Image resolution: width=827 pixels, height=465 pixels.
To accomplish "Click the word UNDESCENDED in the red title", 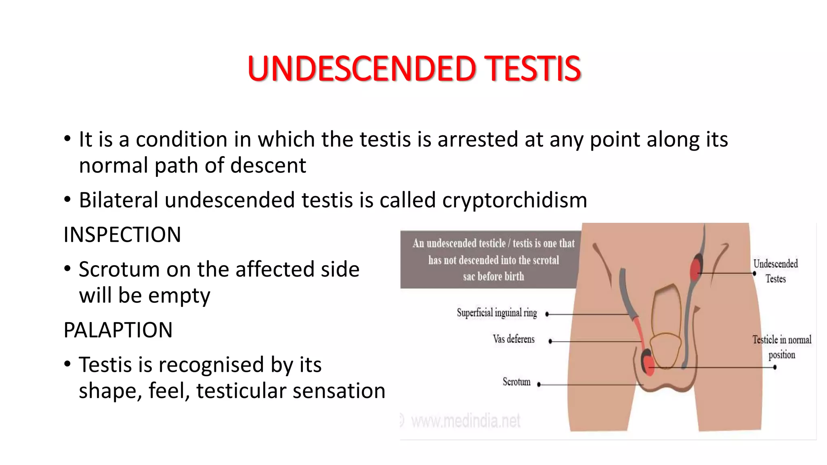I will pyautogui.click(x=362, y=69).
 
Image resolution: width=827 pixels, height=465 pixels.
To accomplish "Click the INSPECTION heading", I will pyautogui.click(x=122, y=235).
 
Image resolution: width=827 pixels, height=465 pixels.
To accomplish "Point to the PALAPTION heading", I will pyautogui.click(x=118, y=330).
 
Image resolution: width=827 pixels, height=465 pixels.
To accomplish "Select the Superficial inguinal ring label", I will pyautogui.click(x=497, y=313).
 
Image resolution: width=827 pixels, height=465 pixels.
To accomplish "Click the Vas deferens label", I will pyautogui.click(x=513, y=339).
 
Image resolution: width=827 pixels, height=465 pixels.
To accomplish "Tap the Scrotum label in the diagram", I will pyautogui.click(x=516, y=382).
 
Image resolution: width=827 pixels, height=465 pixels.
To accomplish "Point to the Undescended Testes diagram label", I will pyautogui.click(x=775, y=271).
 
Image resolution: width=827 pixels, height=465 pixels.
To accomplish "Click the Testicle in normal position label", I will pyautogui.click(x=782, y=347).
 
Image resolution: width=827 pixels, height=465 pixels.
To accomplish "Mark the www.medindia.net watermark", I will pyautogui.click(x=465, y=421).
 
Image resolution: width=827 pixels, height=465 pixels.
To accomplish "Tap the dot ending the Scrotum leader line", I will pyautogui.click(x=539, y=385).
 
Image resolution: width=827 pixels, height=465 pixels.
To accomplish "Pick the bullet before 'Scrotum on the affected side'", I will pyautogui.click(x=67, y=269).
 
